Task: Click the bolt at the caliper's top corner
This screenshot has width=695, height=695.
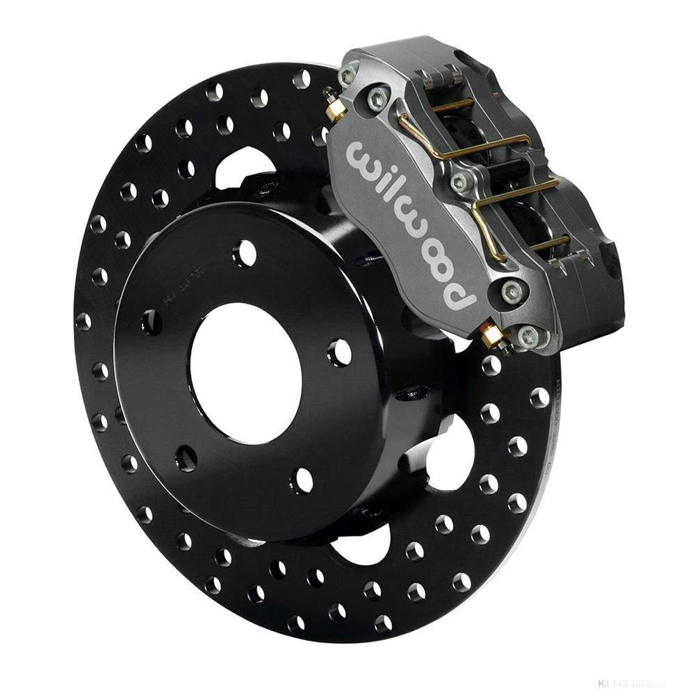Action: click(348, 76)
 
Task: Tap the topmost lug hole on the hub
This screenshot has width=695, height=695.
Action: click(245, 253)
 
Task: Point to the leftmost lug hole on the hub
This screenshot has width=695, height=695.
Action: click(152, 322)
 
